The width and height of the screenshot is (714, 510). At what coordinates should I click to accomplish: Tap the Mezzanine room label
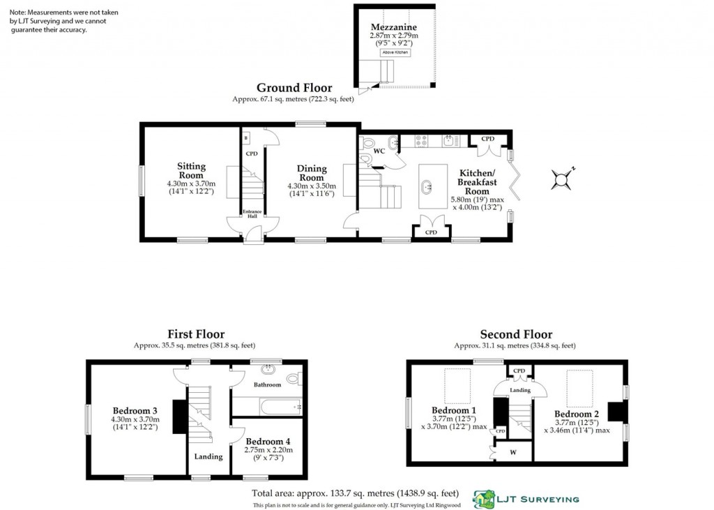(393, 27)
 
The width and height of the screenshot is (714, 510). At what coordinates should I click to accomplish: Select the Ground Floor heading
(294, 88)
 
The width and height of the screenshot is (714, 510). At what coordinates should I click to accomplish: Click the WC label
(379, 151)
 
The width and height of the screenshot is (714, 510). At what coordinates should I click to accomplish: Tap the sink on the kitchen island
(427, 186)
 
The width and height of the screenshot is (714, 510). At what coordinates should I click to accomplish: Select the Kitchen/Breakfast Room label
(477, 182)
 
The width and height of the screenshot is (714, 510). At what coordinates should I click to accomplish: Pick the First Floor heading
(196, 335)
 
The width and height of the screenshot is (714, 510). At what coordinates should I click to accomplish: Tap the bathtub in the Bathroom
(268, 405)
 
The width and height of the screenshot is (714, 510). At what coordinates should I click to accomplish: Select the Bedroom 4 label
(268, 442)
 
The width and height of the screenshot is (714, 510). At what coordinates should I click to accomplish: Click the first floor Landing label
(208, 457)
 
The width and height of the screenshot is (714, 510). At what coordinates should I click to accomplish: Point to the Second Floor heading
(516, 335)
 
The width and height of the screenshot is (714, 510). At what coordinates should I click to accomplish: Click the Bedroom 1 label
(454, 410)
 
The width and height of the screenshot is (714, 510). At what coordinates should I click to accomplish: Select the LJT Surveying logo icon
(484, 498)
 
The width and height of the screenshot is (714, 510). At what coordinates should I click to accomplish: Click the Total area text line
(354, 493)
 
